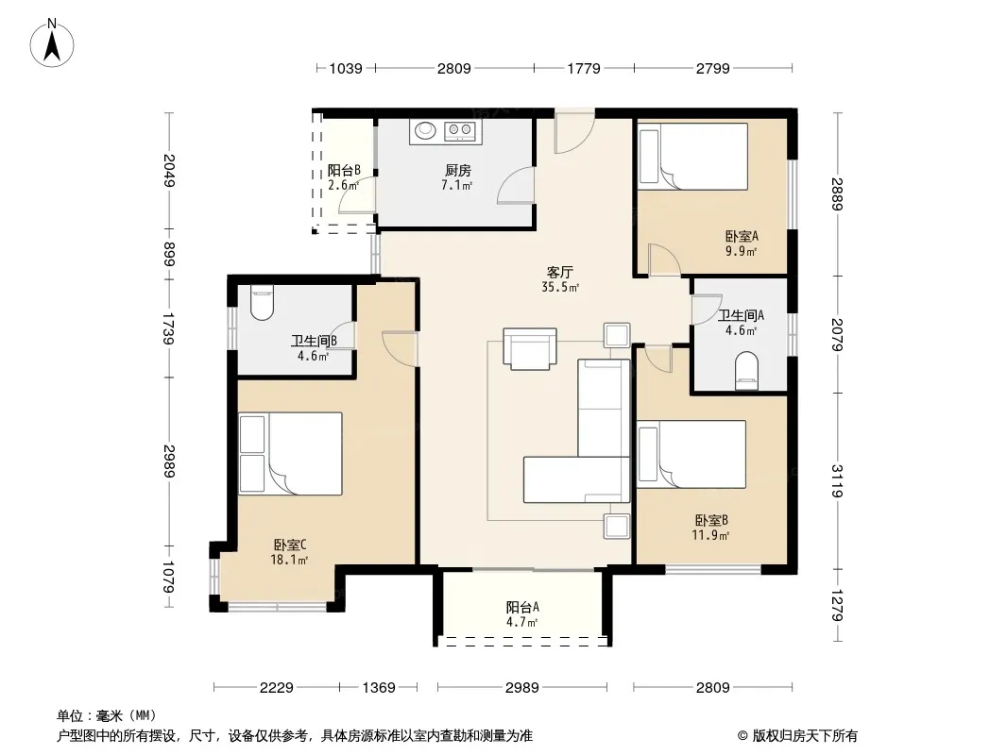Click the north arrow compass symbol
pyautogui.click(x=52, y=43)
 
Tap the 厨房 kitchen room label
pyautogui.click(x=458, y=171)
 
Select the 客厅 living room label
pyautogui.click(x=559, y=273)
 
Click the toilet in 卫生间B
pyautogui.click(x=262, y=302)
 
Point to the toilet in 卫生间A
pyautogui.click(x=746, y=371)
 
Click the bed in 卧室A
pyautogui.click(x=693, y=157)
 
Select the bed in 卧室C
pyautogui.click(x=290, y=454)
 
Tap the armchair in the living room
pyautogui.click(x=530, y=349)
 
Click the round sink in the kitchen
pyautogui.click(x=425, y=130)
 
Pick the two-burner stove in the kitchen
pyautogui.click(x=460, y=131)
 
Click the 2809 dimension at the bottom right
pyautogui.click(x=713, y=688)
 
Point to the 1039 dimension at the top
pyautogui.click(x=346, y=68)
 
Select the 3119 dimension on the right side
pyautogui.click(x=836, y=481)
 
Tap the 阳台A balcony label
pyautogui.click(x=522, y=607)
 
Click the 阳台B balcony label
pyautogui.click(x=344, y=171)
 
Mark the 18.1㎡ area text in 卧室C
pyautogui.click(x=289, y=560)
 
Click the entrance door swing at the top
pyautogui.click(x=574, y=131)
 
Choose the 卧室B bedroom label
pyautogui.click(x=711, y=520)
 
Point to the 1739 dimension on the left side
pyautogui.click(x=168, y=328)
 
